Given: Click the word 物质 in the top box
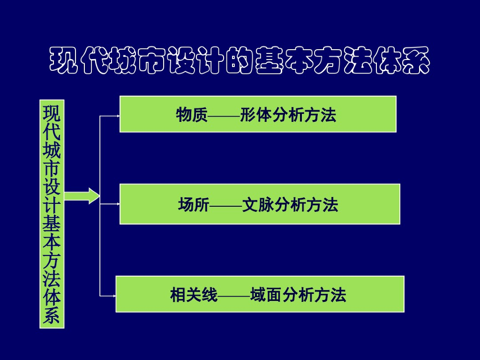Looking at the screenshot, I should tap(192, 115).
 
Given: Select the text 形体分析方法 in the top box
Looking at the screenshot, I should tap(288, 115).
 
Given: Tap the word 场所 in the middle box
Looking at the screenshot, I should tap(194, 205).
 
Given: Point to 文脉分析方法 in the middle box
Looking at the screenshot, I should tap(290, 205).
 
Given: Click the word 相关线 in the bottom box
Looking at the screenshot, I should tap(194, 295).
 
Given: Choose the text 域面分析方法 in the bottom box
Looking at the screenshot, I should tap(298, 295).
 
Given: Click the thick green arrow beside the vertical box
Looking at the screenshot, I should tap(82, 195).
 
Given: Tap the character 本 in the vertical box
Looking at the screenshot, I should tap(52, 242).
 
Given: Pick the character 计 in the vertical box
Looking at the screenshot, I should tap(52, 206).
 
